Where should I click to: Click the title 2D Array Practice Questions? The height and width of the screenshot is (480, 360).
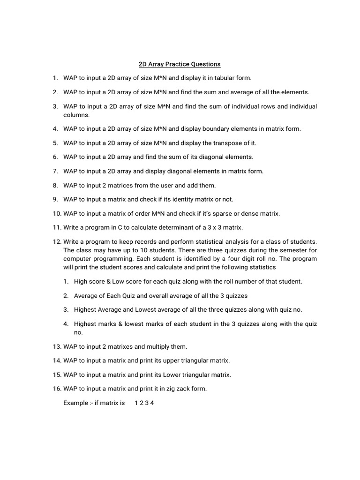(x=180, y=64)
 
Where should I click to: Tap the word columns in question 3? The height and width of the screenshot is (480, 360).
(x=76, y=115)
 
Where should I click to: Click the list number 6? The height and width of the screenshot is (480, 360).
(x=55, y=157)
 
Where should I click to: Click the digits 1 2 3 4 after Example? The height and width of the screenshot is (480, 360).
(x=144, y=403)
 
